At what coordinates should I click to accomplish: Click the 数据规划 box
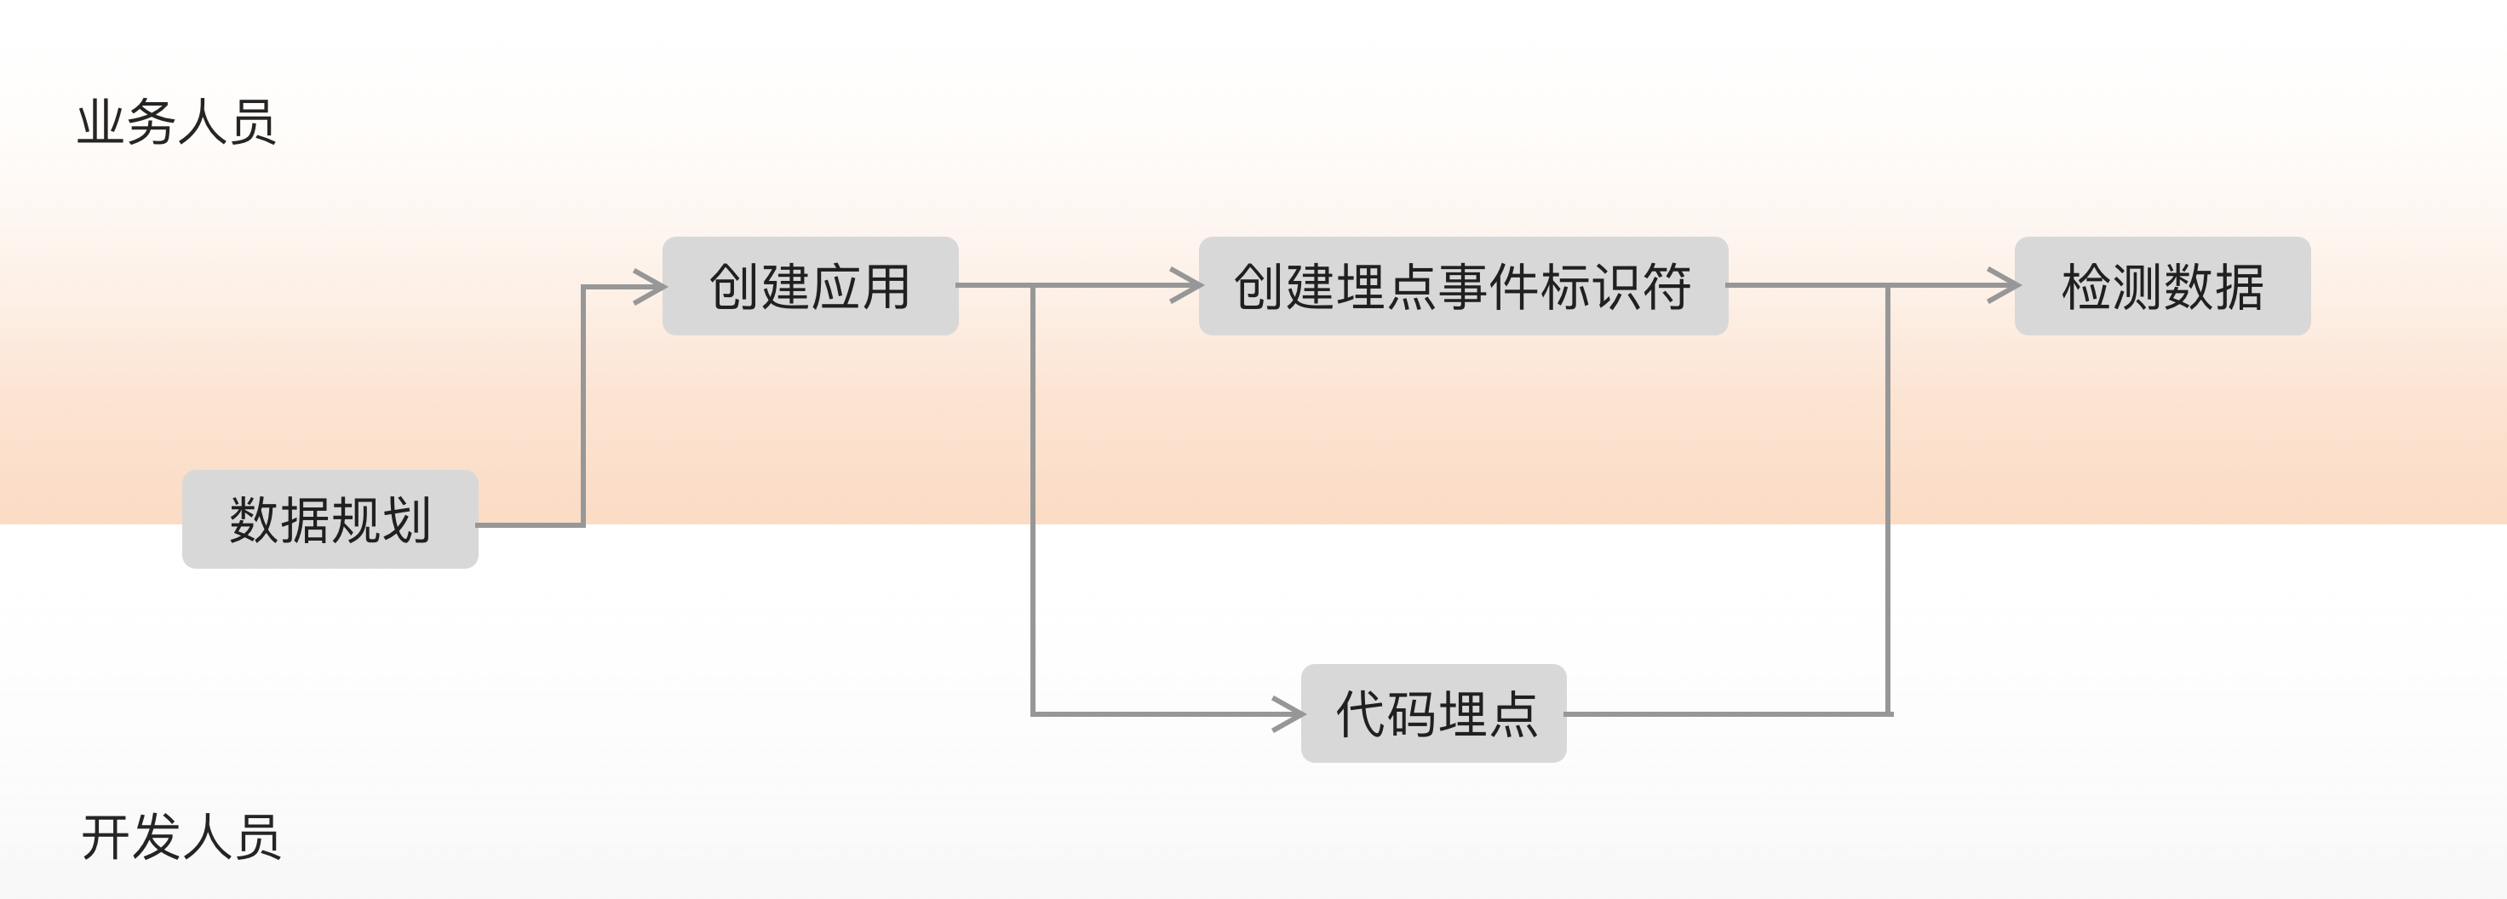click(330, 519)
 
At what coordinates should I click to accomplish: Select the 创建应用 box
click(810, 286)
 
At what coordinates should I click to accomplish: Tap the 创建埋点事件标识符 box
click(1463, 286)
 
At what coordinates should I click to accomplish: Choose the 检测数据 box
click(2161, 286)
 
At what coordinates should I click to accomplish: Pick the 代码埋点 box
click(1433, 713)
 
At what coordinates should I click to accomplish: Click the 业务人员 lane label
click(176, 123)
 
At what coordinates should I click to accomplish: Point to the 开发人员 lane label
click(181, 837)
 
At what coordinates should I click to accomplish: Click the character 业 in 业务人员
click(101, 123)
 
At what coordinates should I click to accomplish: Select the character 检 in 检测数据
click(2085, 287)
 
